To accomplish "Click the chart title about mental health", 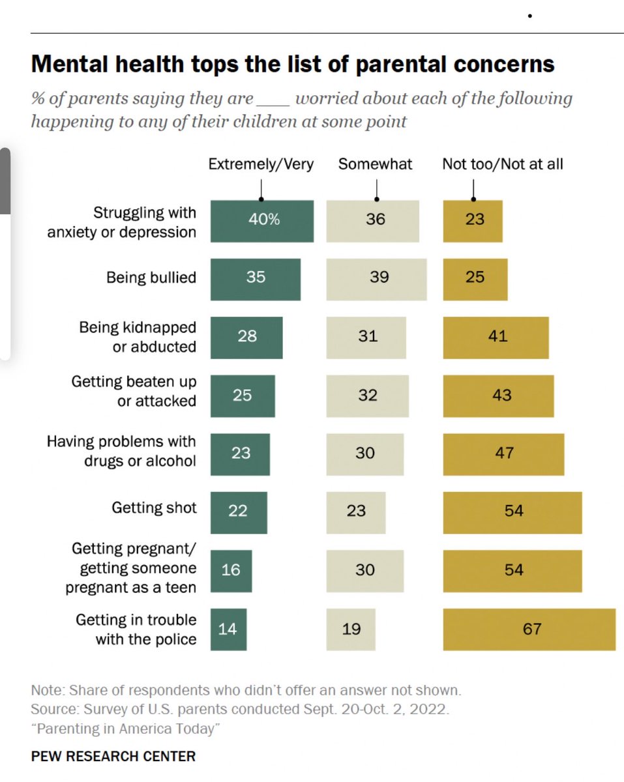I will pyautogui.click(x=293, y=65).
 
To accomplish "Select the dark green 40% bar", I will pyautogui.click(x=261, y=221).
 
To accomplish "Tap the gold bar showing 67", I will pyautogui.click(x=529, y=630).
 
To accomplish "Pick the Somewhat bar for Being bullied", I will pyautogui.click(x=376, y=279).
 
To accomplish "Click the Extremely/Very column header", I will pyautogui.click(x=261, y=164).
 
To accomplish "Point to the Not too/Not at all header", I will pyautogui.click(x=502, y=164).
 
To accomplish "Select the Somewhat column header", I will pyautogui.click(x=375, y=164).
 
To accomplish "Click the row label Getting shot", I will pyautogui.click(x=154, y=508).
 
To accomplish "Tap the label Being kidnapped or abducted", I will pyautogui.click(x=138, y=337).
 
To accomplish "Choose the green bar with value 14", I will pyautogui.click(x=229, y=630).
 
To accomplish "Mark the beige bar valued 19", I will pyautogui.click(x=351, y=630).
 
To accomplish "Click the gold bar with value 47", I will pyautogui.click(x=503, y=454).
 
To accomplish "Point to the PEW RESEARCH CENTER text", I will pyautogui.click(x=113, y=757).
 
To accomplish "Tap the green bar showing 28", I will pyautogui.click(x=246, y=338).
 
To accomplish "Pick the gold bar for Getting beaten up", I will pyautogui.click(x=498, y=396).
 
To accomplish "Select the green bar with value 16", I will pyautogui.click(x=231, y=571).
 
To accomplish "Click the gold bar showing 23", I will pyautogui.click(x=473, y=221).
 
